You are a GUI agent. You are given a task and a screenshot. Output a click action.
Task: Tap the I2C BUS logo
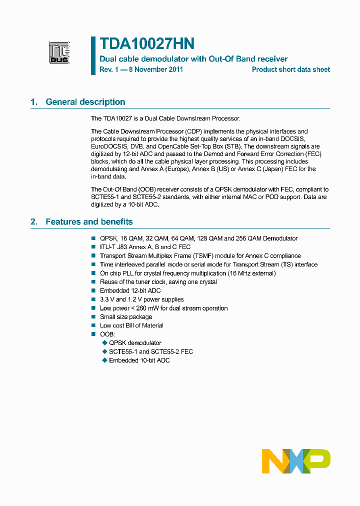point(59,53)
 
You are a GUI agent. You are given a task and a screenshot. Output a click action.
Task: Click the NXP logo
point(296,461)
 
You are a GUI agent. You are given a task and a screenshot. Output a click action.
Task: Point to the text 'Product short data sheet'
point(290,69)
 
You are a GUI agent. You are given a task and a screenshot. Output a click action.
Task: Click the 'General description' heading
point(85,102)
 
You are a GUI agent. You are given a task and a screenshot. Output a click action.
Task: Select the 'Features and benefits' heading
point(89,221)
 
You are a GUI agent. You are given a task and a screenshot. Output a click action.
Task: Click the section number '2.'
point(34,221)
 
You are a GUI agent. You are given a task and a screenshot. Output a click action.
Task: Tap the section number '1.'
point(34,102)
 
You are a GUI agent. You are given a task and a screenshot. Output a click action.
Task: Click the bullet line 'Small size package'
point(126,317)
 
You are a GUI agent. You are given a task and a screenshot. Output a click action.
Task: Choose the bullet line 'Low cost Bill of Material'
point(131,325)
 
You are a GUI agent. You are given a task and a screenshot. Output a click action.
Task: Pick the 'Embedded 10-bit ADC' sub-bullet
point(139,360)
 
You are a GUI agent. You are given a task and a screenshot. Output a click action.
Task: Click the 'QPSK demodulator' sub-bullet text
point(135,343)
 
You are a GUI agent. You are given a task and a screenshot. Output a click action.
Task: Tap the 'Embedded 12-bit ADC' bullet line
point(130,290)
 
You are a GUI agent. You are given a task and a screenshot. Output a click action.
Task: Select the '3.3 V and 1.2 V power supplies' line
point(142,299)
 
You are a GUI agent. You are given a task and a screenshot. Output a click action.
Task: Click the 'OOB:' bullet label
point(107,334)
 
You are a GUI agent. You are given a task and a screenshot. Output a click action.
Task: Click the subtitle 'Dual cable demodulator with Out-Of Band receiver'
point(193,59)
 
